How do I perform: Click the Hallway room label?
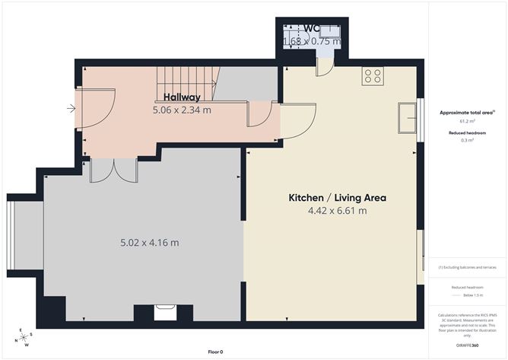[182, 97]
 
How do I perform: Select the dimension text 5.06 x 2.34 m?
[182, 110]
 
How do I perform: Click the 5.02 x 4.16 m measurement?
[150, 243]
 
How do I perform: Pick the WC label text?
[312, 29]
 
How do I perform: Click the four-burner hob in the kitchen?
[373, 75]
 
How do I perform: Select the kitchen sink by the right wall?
[410, 119]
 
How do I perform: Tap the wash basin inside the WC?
[330, 32]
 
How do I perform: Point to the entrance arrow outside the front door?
[71, 109]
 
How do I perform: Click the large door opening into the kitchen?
[298, 121]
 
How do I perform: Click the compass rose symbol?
[24, 338]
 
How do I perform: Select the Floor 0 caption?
[216, 352]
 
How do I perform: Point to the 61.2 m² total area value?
[466, 121]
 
